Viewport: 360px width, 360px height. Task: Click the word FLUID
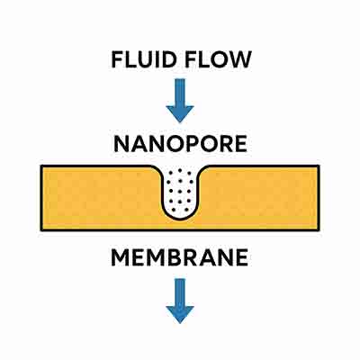(x=143, y=60)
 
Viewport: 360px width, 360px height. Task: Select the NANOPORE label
(x=179, y=144)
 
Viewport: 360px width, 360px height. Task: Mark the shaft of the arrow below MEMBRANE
(x=180, y=290)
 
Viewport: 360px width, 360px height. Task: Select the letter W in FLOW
(x=238, y=60)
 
